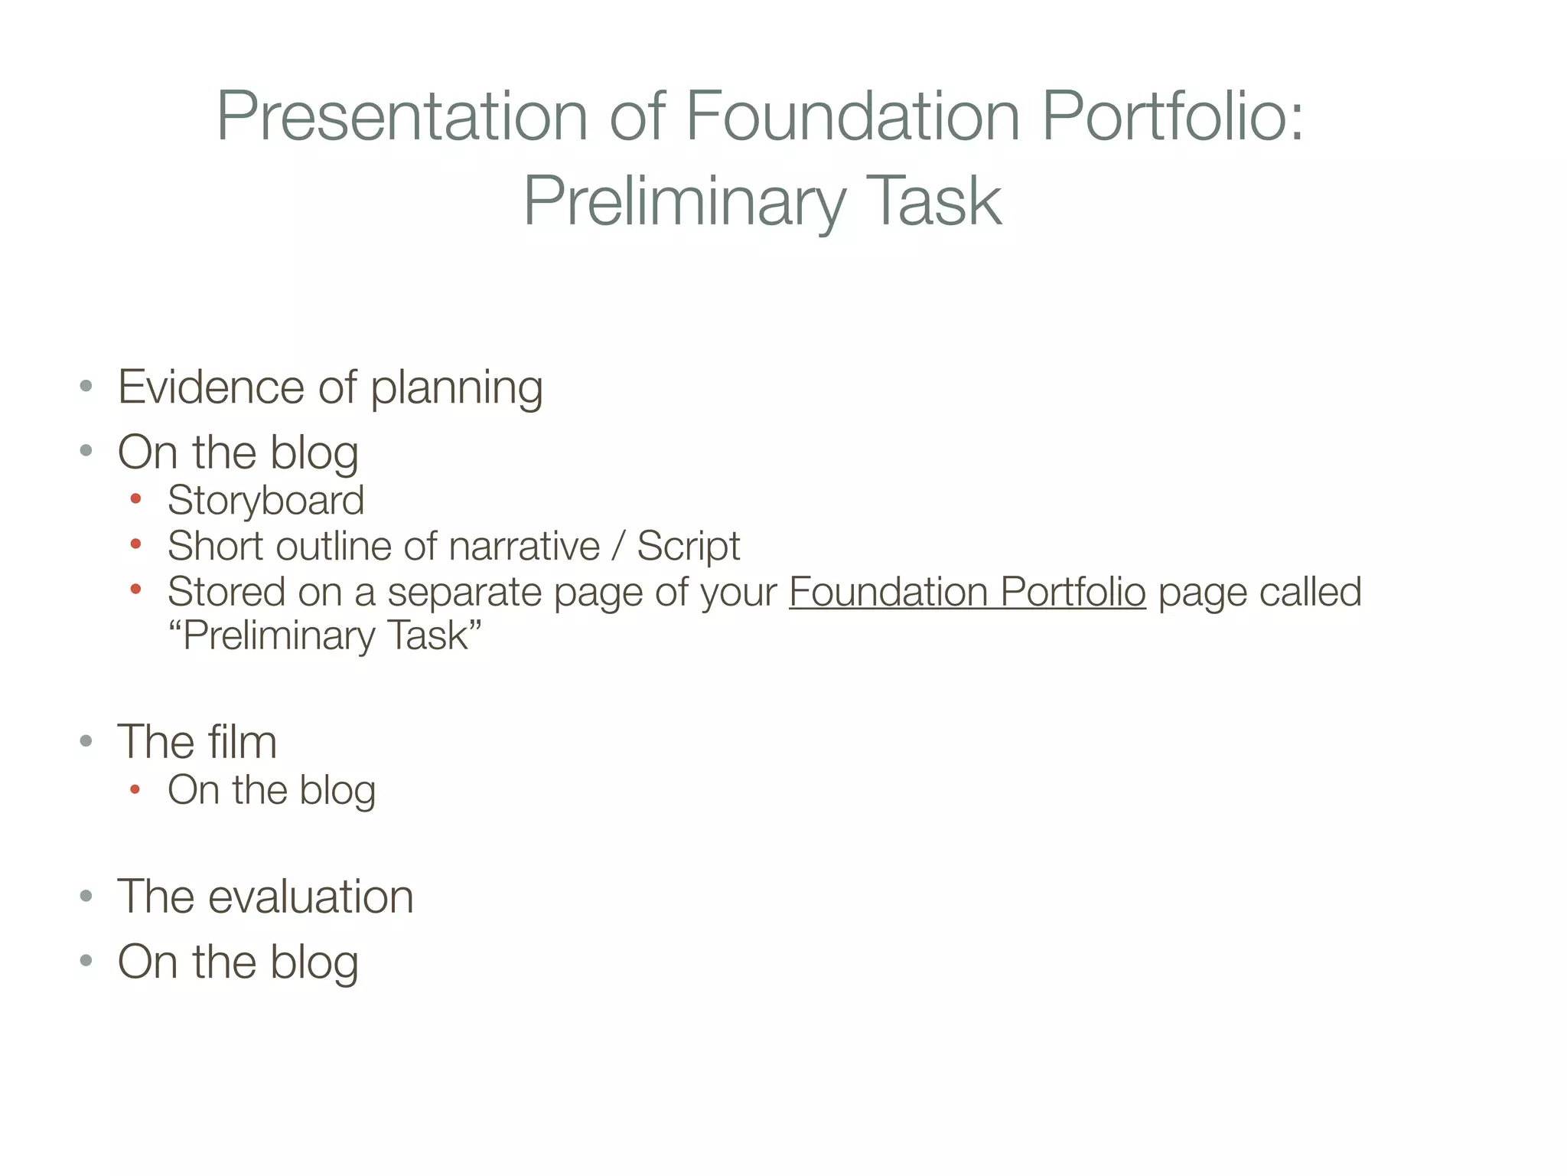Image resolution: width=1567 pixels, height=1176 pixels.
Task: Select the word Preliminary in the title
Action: (x=684, y=201)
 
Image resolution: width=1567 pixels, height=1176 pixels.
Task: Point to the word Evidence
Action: (x=210, y=387)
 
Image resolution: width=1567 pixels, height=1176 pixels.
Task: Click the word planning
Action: (x=457, y=388)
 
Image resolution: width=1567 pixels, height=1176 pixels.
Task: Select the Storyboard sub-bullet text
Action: (x=266, y=501)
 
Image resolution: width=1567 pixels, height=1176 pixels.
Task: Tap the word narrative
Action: (x=524, y=547)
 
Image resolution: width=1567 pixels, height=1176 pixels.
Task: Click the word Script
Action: (x=688, y=547)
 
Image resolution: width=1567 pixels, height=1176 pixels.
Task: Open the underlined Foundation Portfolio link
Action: (x=967, y=592)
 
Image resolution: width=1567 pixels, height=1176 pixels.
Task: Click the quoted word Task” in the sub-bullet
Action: (x=435, y=635)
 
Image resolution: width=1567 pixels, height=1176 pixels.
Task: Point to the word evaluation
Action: (x=311, y=897)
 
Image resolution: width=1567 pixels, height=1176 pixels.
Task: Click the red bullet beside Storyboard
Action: (x=136, y=499)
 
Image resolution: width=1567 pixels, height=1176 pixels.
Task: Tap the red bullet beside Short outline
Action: (x=136, y=545)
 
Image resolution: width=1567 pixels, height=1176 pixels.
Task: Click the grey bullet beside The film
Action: (x=86, y=741)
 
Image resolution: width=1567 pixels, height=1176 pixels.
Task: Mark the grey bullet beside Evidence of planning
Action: (x=86, y=386)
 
